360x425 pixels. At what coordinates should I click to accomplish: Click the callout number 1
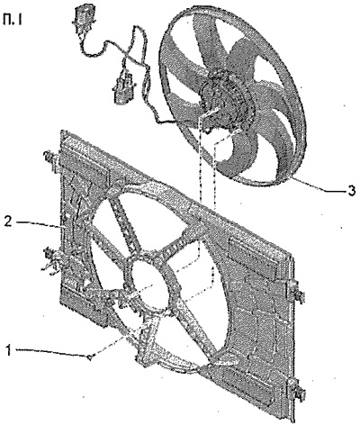click(x=10, y=350)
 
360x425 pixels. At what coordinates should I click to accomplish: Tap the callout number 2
click(x=8, y=222)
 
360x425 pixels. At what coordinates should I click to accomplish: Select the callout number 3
click(x=351, y=190)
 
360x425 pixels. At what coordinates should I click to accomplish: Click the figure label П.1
click(x=12, y=21)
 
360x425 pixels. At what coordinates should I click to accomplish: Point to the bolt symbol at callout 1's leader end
click(x=92, y=357)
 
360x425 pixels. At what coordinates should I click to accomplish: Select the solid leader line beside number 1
click(x=52, y=352)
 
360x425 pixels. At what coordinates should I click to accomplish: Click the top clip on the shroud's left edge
click(x=50, y=159)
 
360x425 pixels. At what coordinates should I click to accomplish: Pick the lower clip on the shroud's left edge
click(x=51, y=258)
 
